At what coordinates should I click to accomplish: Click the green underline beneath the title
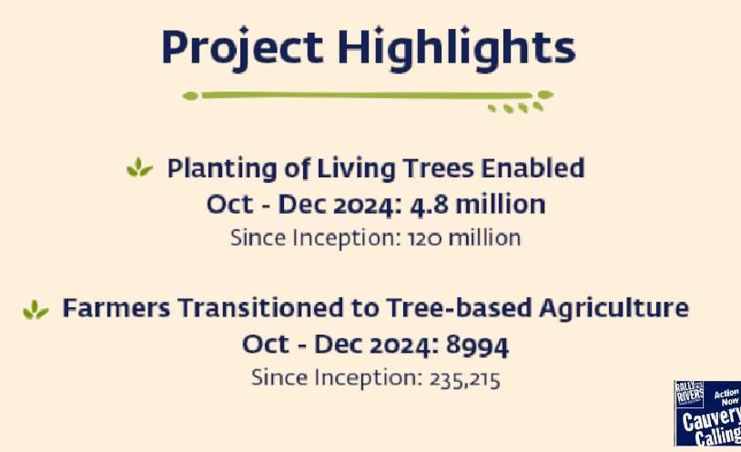[368, 95]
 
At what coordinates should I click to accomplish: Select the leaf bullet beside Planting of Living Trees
[139, 167]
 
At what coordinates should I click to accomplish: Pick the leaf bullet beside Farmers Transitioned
[36, 309]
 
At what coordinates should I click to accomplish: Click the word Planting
[222, 169]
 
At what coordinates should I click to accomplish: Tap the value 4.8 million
[477, 205]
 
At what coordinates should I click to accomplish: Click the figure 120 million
[464, 237]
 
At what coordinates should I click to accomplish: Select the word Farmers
[117, 308]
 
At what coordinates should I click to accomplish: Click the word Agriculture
[614, 309]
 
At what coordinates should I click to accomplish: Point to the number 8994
[477, 346]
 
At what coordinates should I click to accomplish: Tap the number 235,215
[464, 379]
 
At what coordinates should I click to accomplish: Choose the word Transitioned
[261, 308]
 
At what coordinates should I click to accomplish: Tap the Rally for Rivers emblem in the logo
[689, 394]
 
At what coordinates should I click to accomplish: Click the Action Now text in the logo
[726, 397]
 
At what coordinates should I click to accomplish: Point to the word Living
[356, 169]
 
